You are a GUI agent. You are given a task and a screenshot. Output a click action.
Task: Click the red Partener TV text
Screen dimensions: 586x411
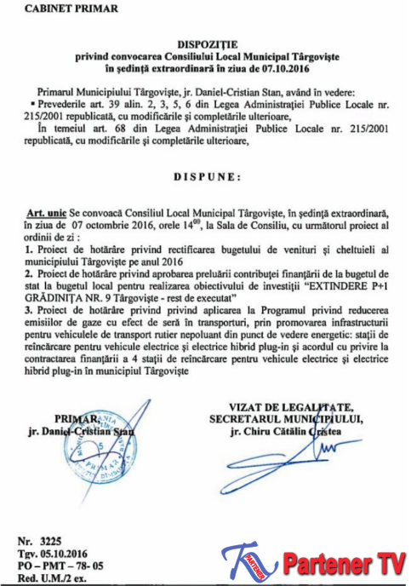tap(340, 564)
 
